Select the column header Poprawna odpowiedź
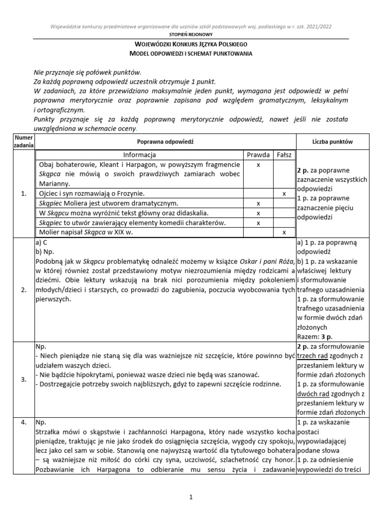click(166, 142)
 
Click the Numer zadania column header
click(23, 141)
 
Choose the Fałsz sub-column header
click(284, 154)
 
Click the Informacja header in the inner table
click(140, 154)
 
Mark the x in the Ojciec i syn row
click(284, 193)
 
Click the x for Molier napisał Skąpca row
click(284, 233)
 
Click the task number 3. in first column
click(23, 380)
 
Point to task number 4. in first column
click(23, 423)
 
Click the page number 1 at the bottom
click(191, 497)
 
